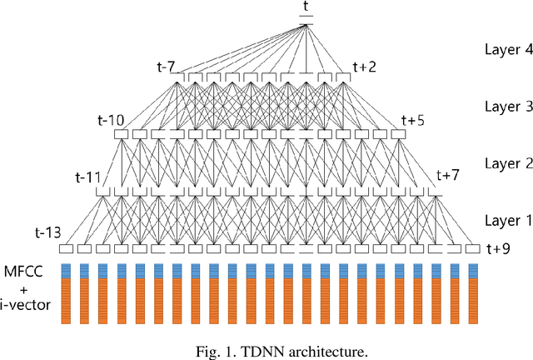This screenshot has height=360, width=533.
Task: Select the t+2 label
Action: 364,66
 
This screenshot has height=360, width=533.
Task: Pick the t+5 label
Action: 413,119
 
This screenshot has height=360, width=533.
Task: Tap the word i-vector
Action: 27,306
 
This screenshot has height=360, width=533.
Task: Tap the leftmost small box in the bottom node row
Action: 66,248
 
